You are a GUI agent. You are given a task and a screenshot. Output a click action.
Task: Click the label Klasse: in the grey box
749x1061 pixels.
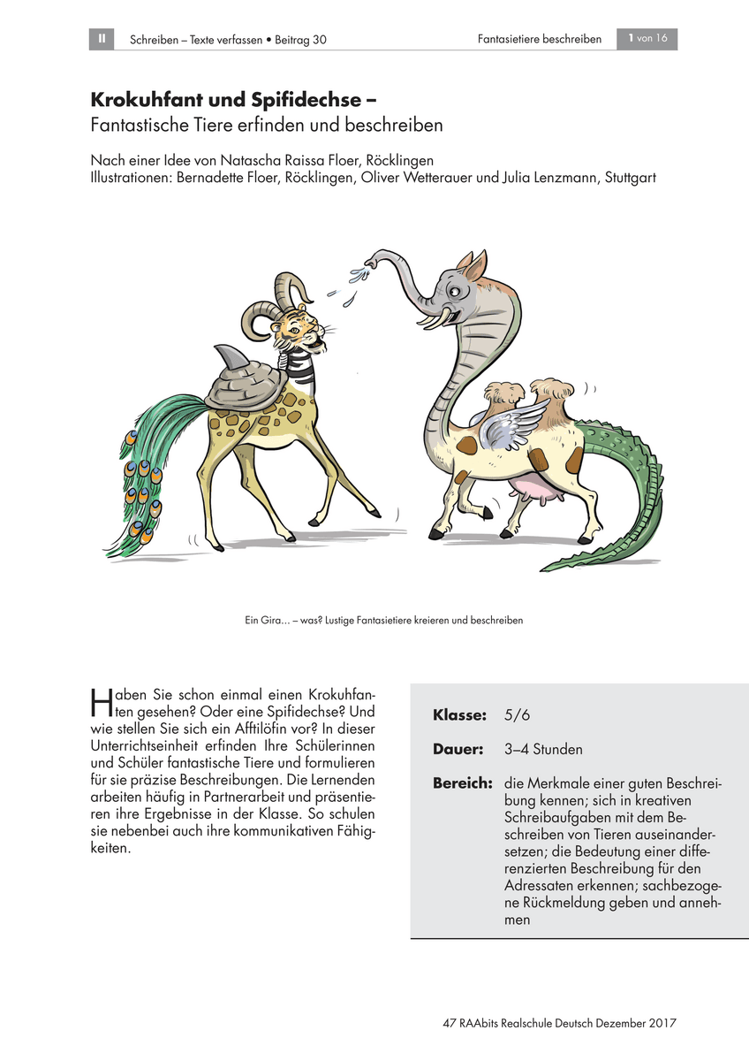coord(459,714)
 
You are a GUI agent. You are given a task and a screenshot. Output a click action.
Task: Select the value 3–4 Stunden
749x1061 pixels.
coord(543,750)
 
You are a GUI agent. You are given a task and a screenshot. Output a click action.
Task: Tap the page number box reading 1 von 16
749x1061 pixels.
coord(647,39)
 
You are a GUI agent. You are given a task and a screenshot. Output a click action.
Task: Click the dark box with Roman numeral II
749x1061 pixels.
coord(102,39)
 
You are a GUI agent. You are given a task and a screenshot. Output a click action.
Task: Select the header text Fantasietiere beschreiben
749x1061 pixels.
coord(539,40)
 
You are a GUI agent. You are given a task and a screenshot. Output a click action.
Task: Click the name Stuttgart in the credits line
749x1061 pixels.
coord(630,178)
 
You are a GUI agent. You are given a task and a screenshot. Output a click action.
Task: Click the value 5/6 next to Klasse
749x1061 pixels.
coord(517,714)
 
